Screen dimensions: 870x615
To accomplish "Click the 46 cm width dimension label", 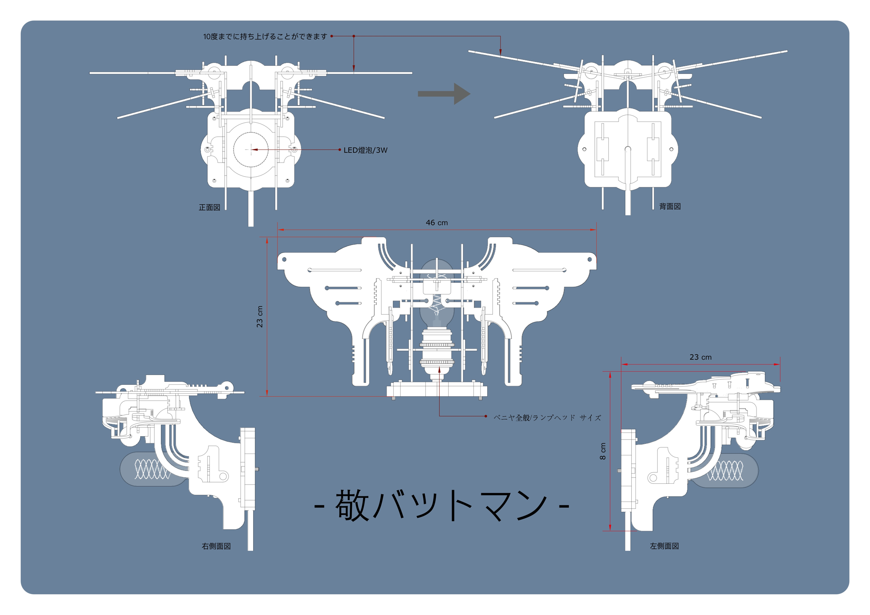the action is pyautogui.click(x=437, y=223).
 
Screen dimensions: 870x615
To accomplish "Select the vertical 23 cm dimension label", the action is pyautogui.click(x=260, y=316).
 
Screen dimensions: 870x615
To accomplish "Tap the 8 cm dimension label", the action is pyautogui.click(x=603, y=451).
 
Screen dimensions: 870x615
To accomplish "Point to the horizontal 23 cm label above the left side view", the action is pyautogui.click(x=701, y=357).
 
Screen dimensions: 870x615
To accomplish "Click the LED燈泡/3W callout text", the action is pyautogui.click(x=365, y=150).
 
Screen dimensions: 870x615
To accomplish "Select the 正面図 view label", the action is pyautogui.click(x=209, y=207).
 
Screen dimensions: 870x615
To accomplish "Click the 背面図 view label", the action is pyautogui.click(x=670, y=206).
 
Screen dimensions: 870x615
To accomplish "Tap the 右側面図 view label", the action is pyautogui.click(x=216, y=546).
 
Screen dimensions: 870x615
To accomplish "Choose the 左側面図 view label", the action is pyautogui.click(x=664, y=546).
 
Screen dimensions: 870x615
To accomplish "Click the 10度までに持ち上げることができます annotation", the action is pyautogui.click(x=265, y=37).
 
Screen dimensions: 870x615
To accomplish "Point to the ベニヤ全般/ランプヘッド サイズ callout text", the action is pyautogui.click(x=547, y=418).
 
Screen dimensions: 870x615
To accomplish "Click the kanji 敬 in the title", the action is pyautogui.click(x=352, y=505).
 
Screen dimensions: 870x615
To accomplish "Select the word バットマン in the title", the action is pyautogui.click(x=460, y=505).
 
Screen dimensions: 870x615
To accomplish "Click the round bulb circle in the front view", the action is pyautogui.click(x=251, y=150).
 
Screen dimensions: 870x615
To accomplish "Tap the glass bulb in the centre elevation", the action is pyautogui.click(x=437, y=293).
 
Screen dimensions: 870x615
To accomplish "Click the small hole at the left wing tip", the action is pyautogui.click(x=284, y=259).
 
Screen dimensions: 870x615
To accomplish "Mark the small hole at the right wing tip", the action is pyautogui.click(x=590, y=259).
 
